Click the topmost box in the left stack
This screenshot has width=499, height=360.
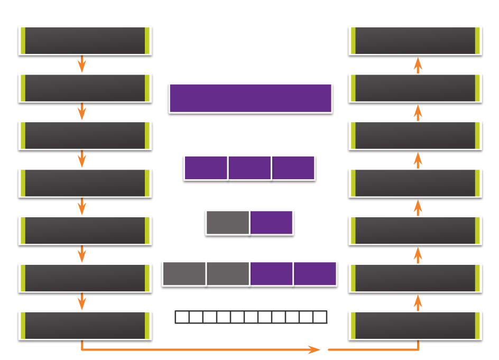85,41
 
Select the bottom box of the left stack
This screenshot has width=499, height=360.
85,326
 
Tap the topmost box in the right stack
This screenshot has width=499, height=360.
415,41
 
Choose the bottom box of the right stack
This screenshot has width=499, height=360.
415,326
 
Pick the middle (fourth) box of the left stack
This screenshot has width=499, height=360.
85,183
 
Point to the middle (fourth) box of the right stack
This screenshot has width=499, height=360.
415,183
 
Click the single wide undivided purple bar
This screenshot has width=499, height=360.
251,98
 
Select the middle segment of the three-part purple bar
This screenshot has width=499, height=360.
249,168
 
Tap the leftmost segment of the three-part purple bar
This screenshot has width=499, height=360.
206,168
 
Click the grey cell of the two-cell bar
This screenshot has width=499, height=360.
227,223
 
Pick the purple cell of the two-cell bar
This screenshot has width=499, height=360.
271,223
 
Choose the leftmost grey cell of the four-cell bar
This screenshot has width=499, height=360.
184,273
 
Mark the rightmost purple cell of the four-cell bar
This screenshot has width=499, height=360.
315,273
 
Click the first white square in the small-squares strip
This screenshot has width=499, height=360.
182,317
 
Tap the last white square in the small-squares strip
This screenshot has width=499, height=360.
320,317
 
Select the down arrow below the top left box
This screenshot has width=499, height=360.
81,64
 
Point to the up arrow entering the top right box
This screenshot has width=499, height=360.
418,65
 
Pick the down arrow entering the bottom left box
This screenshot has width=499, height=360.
81,301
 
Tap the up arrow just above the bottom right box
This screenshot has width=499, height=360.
418,302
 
